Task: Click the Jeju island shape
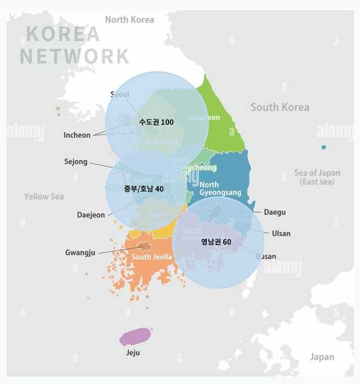coord(135,336)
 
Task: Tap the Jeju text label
coord(133,353)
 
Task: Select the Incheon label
coord(77,135)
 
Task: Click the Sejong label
coord(76,162)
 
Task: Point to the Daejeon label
coord(91,215)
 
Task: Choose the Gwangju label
coord(80,253)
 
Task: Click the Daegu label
coord(275,212)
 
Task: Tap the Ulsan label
coord(281,234)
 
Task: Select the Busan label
coord(266,256)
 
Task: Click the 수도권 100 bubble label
coord(156,122)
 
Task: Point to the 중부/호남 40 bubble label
coord(144,189)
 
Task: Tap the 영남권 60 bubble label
coord(216,242)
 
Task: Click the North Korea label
coord(130,20)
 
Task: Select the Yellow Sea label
coord(44,196)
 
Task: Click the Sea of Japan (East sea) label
coord(317,177)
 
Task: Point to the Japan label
coord(322,357)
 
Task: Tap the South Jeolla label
coord(152,257)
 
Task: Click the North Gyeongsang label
coord(220,189)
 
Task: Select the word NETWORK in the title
coord(75,56)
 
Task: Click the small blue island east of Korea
coord(324,147)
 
